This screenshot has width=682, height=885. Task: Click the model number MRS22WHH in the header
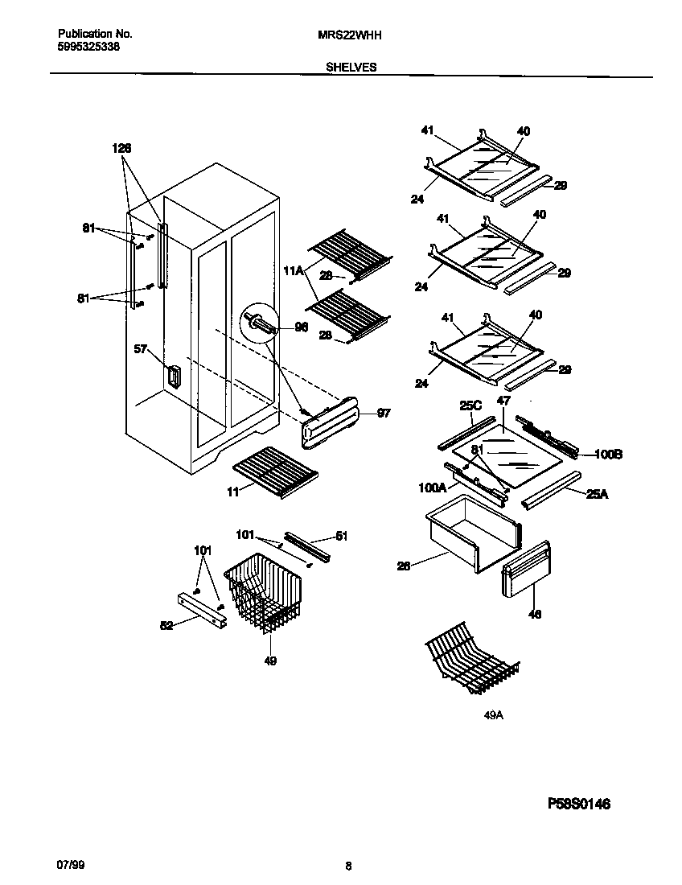click(x=351, y=35)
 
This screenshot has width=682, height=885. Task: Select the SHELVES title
click(x=351, y=68)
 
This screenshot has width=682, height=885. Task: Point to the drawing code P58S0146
click(x=579, y=803)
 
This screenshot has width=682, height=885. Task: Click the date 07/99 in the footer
click(x=70, y=864)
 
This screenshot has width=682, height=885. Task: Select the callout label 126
click(x=121, y=148)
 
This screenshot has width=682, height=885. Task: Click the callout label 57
click(x=141, y=349)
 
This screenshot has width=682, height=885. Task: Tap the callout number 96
click(x=302, y=327)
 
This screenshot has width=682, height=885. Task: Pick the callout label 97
click(x=383, y=413)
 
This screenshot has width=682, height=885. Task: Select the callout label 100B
click(x=608, y=455)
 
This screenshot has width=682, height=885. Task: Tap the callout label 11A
click(x=294, y=273)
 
